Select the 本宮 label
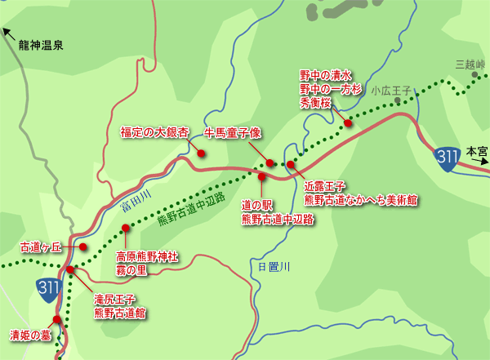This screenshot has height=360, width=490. [476, 151]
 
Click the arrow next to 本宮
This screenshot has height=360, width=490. [482, 163]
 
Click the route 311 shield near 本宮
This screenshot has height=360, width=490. [446, 158]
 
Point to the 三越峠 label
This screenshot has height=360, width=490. [470, 64]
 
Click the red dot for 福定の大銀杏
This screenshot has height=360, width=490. [201, 152]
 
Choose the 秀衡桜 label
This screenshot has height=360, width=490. [314, 104]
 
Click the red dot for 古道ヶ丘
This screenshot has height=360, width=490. [82, 247]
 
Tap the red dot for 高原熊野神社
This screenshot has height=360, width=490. [125, 229]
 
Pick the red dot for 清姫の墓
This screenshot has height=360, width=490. [56, 320]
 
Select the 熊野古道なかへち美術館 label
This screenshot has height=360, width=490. [361, 198]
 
